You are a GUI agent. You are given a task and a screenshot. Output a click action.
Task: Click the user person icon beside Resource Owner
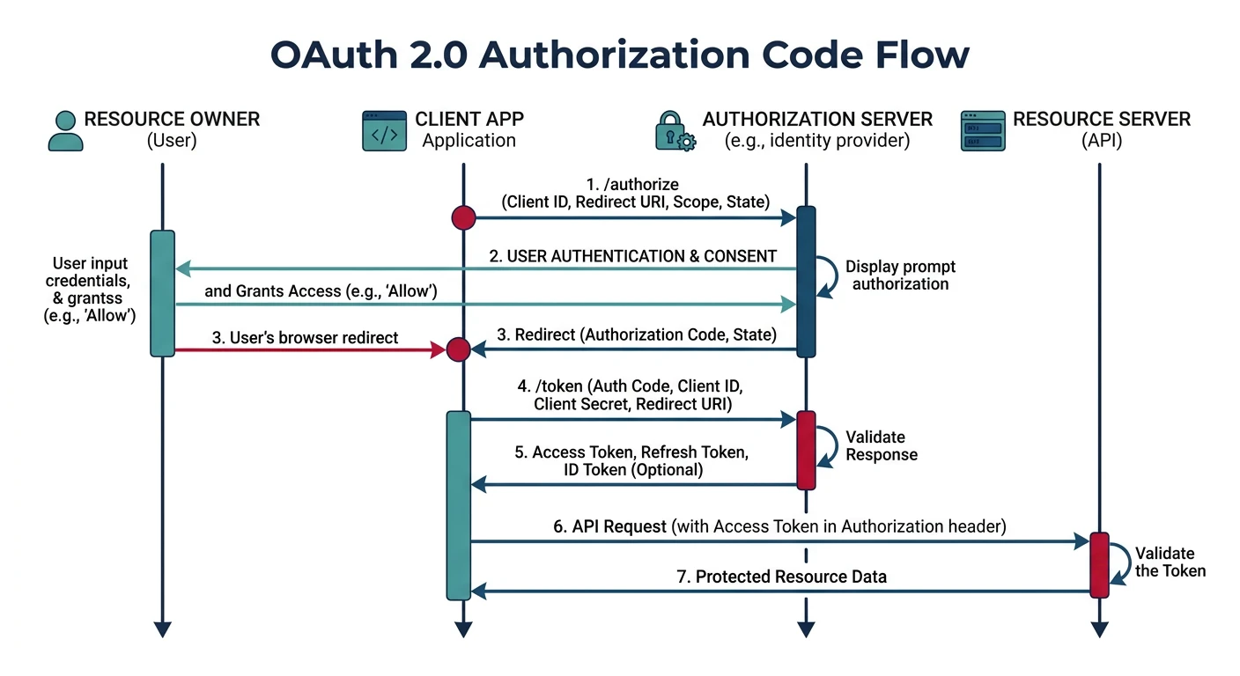65,130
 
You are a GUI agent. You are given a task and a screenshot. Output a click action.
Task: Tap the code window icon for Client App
385,130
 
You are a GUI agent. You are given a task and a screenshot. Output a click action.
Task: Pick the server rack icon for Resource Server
983,130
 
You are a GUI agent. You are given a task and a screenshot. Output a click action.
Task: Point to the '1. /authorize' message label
632,184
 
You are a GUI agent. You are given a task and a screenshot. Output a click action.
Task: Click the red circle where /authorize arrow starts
463,217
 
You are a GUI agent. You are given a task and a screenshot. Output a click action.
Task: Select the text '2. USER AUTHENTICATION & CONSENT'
632,256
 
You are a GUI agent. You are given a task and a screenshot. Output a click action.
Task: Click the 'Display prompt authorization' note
900,275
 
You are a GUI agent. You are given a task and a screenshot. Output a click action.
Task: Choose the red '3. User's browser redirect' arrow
308,350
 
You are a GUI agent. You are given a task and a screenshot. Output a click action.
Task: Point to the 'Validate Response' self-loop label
881,445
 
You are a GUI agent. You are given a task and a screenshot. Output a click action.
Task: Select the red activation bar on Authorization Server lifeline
806,449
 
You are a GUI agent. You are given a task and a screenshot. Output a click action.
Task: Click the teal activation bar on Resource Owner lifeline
162,293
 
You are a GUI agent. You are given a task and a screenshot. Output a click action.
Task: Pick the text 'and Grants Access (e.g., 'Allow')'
321,290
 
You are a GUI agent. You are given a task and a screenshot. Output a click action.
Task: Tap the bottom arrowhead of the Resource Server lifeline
1099,629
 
